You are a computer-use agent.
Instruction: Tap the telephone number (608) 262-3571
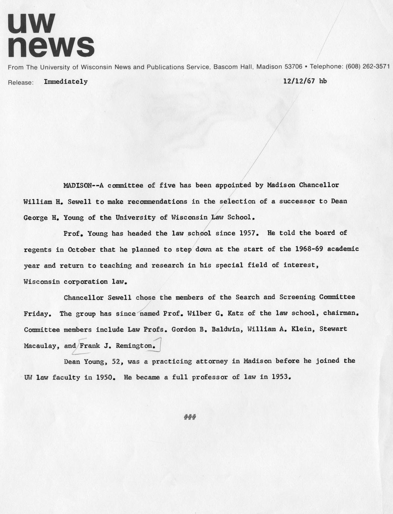(368, 66)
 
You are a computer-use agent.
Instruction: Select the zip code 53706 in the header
(293, 67)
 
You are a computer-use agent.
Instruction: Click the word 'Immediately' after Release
(66, 82)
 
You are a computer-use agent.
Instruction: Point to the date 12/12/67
(299, 81)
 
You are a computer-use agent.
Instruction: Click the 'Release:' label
(21, 82)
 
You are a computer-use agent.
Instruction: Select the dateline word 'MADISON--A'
(83, 185)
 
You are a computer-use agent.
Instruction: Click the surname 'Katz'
(236, 313)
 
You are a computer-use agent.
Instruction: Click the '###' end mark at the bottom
(190, 417)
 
